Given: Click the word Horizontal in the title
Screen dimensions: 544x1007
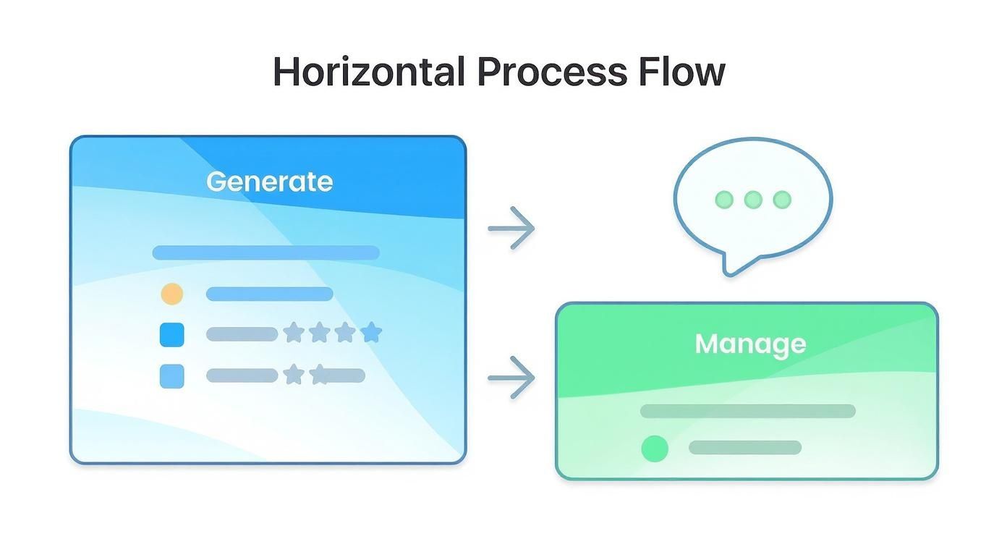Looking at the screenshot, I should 368,72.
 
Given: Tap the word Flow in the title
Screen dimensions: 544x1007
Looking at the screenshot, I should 681,72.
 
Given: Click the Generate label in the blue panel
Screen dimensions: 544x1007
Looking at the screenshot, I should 269,182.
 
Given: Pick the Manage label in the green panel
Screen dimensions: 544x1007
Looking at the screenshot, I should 750,344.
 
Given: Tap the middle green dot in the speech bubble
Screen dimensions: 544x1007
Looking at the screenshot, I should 753,200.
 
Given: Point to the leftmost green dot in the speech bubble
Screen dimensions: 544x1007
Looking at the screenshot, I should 724,200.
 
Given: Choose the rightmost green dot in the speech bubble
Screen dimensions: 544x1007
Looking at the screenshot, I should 782,200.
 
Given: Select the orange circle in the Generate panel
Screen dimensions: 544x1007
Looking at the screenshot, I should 171,294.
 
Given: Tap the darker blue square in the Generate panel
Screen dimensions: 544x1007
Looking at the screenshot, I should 171,334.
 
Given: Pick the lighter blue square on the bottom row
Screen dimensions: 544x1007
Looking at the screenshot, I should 171,376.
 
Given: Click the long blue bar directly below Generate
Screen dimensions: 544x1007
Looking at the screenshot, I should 265,252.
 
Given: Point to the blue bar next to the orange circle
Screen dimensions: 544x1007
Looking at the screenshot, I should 269,294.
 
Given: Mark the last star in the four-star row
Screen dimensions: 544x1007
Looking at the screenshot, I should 371,333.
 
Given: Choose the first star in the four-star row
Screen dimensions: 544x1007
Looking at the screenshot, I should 293,333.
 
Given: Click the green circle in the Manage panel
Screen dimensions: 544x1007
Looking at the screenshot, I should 655,449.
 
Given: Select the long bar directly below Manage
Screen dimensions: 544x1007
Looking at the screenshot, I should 747,411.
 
